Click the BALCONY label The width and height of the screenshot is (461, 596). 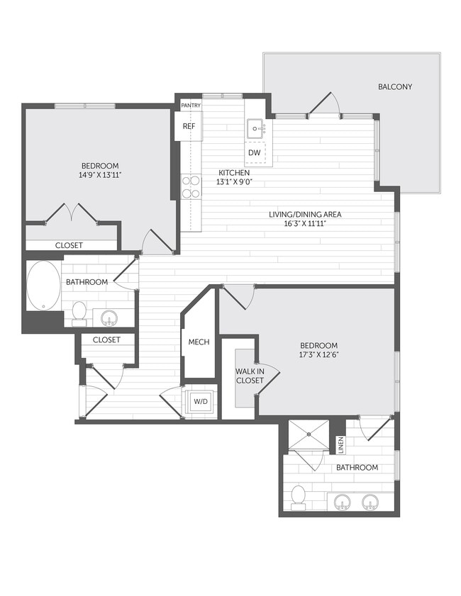(394, 86)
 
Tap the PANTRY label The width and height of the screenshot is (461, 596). (191, 106)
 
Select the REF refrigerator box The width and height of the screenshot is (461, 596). (189, 126)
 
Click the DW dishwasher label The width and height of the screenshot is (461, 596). (254, 152)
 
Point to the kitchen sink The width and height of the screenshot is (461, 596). (256, 129)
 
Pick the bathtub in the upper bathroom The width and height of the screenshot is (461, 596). (44, 286)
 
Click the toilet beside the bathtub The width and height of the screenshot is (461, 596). (79, 311)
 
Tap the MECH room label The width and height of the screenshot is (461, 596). (199, 342)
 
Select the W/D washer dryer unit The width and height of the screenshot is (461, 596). (201, 403)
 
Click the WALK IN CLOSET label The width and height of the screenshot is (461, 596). (249, 376)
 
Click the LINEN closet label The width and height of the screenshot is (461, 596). (340, 445)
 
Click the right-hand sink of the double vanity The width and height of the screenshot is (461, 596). (370, 502)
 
